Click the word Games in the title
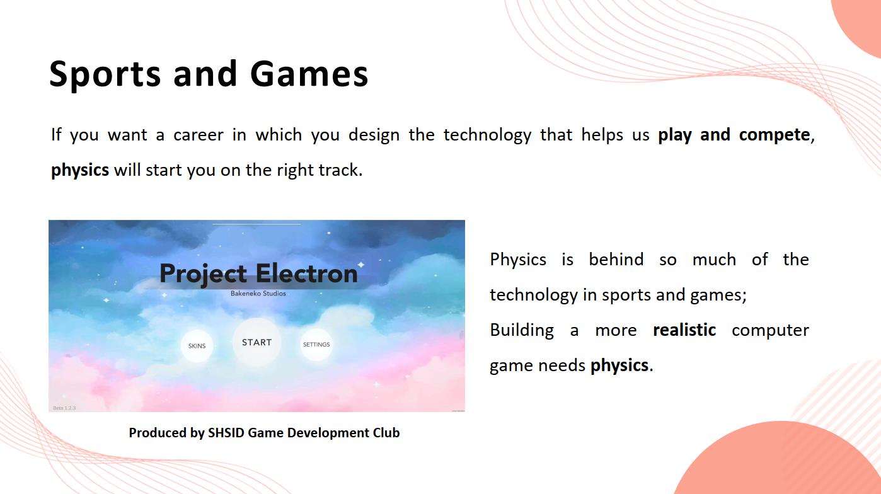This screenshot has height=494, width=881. (x=309, y=74)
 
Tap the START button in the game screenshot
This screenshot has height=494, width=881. (x=257, y=342)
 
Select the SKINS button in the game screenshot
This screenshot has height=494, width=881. (x=197, y=346)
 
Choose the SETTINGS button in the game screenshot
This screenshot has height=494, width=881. (x=316, y=345)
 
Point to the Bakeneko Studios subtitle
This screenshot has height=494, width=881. (x=258, y=294)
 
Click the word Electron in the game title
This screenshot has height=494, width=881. (x=307, y=273)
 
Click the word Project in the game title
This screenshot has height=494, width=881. (x=204, y=275)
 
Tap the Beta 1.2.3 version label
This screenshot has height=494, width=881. (x=64, y=408)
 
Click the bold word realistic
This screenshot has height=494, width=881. (x=684, y=330)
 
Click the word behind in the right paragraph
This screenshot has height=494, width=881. (x=616, y=260)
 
